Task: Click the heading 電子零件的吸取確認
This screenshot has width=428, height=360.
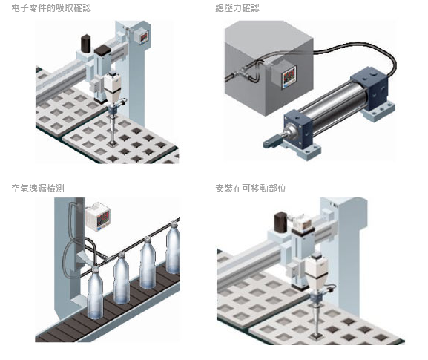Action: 51,8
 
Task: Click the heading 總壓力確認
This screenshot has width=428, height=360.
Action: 237,8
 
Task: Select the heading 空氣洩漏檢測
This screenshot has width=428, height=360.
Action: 38,189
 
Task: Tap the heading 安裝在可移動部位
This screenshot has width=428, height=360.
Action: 251,189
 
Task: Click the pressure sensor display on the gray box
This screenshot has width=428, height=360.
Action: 289,76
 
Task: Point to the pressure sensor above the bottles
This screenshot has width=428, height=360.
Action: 98,216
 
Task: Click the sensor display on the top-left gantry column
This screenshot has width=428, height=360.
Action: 143,37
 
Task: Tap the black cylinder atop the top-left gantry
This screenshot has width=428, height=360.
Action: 86,44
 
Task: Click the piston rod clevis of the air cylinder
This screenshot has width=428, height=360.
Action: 272,143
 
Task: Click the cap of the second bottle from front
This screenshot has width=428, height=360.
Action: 122,255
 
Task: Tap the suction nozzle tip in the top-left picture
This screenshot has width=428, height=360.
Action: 112,143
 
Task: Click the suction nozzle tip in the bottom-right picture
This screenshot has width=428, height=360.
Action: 317,336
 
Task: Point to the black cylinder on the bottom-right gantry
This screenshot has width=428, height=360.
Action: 280,221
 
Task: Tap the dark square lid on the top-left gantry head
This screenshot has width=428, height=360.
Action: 102,50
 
